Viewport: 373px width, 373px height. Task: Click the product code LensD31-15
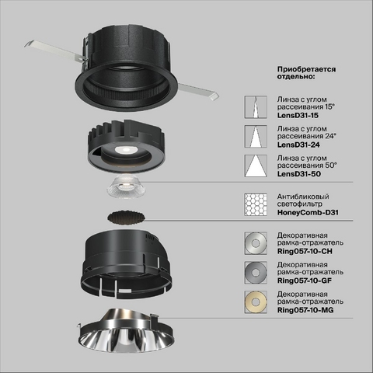(298, 115)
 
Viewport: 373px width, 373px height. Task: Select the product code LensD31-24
(298, 145)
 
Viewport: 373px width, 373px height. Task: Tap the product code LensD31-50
(299, 174)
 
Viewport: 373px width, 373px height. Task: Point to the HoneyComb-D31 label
(308, 212)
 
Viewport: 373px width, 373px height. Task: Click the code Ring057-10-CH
(305, 251)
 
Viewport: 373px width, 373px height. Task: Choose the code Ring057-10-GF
(305, 281)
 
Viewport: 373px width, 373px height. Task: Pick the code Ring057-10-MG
(305, 310)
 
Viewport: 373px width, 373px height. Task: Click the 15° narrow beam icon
(256, 107)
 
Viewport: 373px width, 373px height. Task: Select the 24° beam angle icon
(256, 137)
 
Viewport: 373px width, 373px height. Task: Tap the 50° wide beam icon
(256, 166)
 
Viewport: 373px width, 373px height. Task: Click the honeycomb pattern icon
(256, 204)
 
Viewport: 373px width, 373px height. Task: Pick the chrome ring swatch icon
(256, 243)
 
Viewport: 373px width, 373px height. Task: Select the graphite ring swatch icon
(256, 273)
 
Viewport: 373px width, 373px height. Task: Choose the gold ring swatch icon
(256, 302)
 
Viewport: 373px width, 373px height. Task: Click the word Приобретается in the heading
(306, 69)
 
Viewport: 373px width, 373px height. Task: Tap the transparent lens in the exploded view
(127, 186)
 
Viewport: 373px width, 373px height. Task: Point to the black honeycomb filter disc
(127, 218)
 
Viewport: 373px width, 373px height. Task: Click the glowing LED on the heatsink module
(126, 150)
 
